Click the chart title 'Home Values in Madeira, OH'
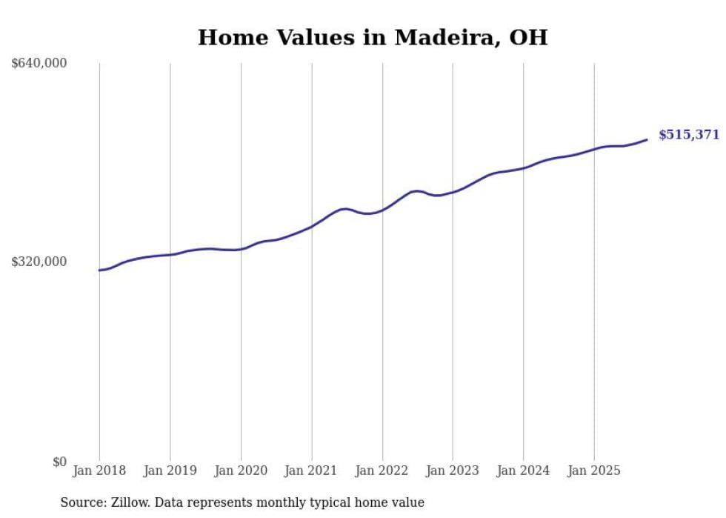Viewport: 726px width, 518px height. [x=373, y=38]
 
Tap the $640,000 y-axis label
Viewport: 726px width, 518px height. [x=39, y=63]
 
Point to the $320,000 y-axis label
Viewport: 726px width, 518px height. [x=39, y=262]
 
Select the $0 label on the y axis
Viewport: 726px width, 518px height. [x=59, y=462]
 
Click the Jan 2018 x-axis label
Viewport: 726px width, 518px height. [x=99, y=471]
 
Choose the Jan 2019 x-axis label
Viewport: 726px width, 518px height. [x=170, y=471]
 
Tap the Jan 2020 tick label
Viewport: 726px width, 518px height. [x=241, y=471]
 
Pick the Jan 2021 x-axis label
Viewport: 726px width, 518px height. [x=311, y=471]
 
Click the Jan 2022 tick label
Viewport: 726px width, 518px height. [x=382, y=471]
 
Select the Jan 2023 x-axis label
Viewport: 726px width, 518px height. [x=453, y=471]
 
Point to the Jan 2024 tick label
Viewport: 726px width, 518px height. [x=523, y=471]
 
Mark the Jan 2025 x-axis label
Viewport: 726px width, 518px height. [x=593, y=471]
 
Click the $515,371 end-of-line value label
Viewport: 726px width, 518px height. [x=688, y=135]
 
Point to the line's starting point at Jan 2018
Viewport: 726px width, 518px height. [x=99, y=270]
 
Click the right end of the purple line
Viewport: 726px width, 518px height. [x=647, y=139]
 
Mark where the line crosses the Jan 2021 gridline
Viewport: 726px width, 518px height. [x=311, y=226]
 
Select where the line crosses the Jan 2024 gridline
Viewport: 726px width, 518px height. [x=523, y=168]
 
